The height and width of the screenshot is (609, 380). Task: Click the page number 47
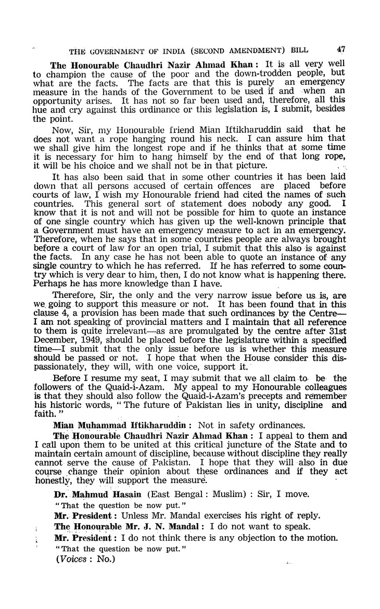coord(341,49)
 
